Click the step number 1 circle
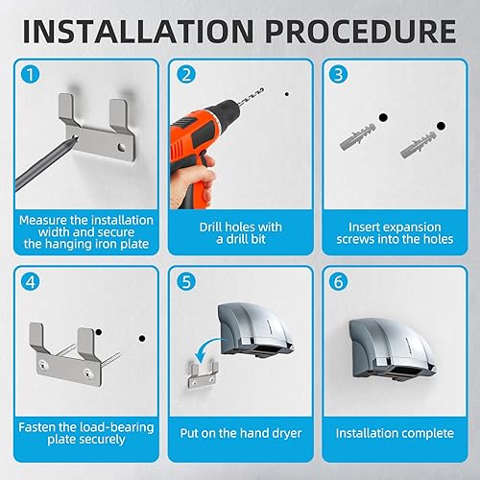point(31,75)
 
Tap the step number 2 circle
point(186,75)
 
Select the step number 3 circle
point(338,75)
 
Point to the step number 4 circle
point(31,281)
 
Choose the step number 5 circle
point(186,281)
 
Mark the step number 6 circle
point(338,281)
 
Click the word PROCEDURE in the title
point(361,32)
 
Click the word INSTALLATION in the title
point(138,32)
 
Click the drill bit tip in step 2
point(262,89)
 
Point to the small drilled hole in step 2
point(287,94)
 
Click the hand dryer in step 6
point(392,348)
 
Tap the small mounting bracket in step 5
point(203,374)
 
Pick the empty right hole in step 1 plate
point(121,147)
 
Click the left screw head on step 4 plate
point(42,364)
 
